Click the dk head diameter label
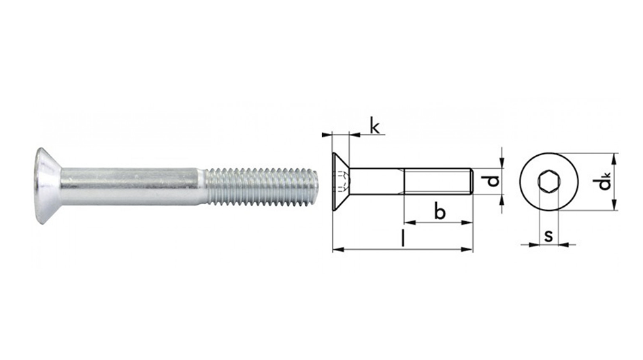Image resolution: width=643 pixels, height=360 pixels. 604,182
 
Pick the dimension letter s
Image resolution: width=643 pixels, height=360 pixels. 548,235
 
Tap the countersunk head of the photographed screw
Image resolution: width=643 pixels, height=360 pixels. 48,186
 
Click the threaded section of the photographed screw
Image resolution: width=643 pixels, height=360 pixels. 262,186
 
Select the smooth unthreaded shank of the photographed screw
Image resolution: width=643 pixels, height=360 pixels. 133,186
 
